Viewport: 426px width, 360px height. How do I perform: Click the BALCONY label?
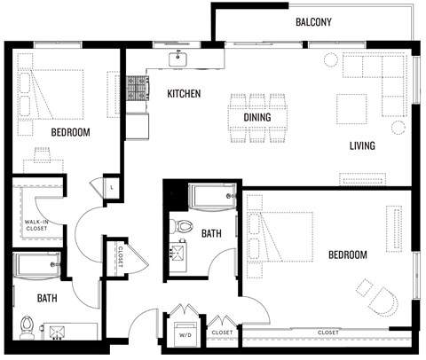pyautogui.click(x=313, y=22)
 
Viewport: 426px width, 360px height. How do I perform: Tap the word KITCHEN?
pyautogui.click(x=184, y=93)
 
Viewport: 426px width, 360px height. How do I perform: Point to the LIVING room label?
pyautogui.click(x=361, y=145)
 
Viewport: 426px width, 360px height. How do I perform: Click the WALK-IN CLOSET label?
pyautogui.click(x=36, y=225)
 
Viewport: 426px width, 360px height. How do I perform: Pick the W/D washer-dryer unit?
pyautogui.click(x=185, y=335)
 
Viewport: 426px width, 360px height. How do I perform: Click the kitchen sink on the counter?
pyautogui.click(x=179, y=59)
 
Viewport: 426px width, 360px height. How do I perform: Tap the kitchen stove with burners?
pyautogui.click(x=137, y=89)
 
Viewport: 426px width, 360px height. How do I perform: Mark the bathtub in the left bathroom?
pyautogui.click(x=36, y=262)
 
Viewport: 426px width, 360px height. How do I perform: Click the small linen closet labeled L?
pyautogui.click(x=113, y=189)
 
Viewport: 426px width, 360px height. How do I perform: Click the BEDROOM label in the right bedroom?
pyautogui.click(x=347, y=254)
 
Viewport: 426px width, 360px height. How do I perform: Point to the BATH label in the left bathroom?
pyautogui.click(x=47, y=298)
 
